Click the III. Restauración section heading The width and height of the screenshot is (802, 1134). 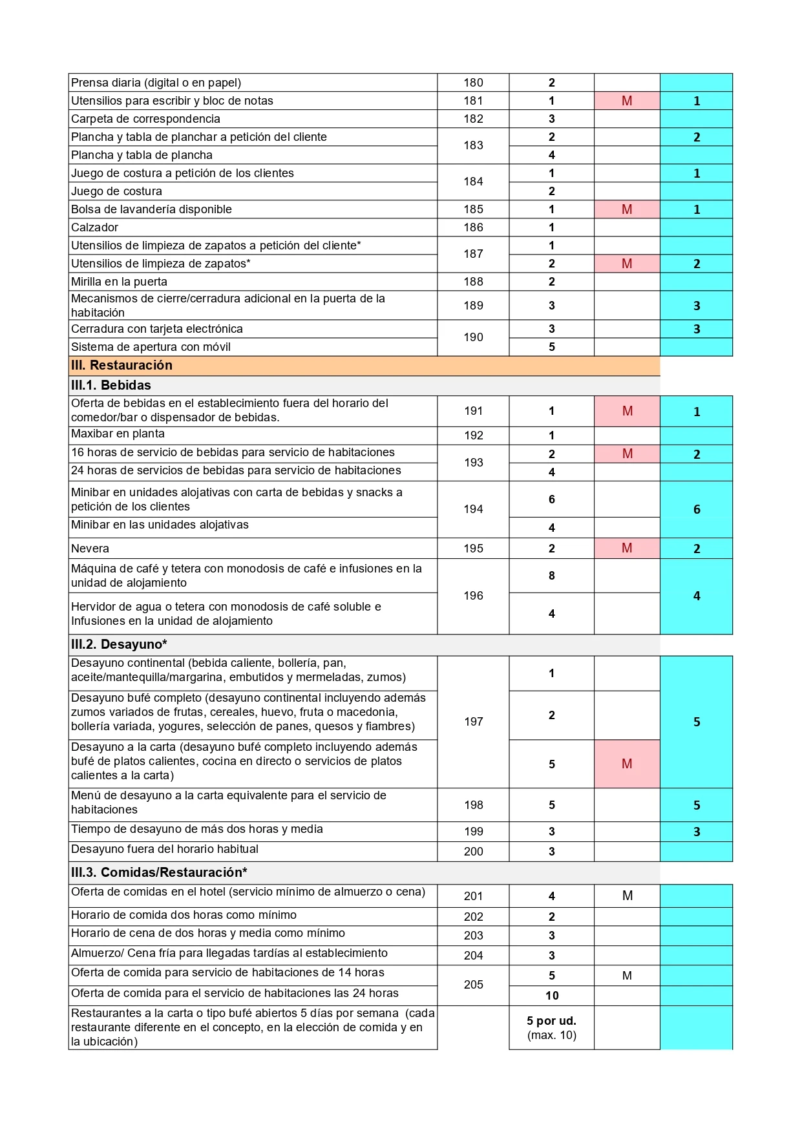click(121, 365)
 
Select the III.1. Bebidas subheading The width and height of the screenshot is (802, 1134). click(111, 385)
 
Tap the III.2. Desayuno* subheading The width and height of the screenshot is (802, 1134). click(119, 644)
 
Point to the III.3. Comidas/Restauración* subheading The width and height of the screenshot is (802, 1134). click(159, 872)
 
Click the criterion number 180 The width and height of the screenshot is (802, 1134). click(473, 83)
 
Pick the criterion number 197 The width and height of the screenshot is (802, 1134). click(473, 722)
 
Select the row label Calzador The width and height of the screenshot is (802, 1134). click(94, 227)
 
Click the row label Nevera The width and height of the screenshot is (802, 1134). click(90, 549)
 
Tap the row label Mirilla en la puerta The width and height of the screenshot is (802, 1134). click(119, 282)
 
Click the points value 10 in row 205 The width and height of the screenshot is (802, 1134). click(551, 996)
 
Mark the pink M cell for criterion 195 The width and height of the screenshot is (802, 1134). click(627, 548)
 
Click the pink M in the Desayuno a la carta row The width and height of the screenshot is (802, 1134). click(627, 764)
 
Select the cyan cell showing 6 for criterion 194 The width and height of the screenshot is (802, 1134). click(696, 509)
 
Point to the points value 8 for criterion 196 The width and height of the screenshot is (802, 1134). click(551, 576)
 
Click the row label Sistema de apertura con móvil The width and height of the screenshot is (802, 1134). click(151, 347)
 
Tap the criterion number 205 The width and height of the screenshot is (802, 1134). click(473, 985)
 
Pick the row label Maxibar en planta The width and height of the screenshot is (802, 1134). click(118, 434)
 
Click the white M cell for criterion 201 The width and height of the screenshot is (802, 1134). click(627, 896)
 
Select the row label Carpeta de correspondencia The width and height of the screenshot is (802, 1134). click(145, 119)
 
